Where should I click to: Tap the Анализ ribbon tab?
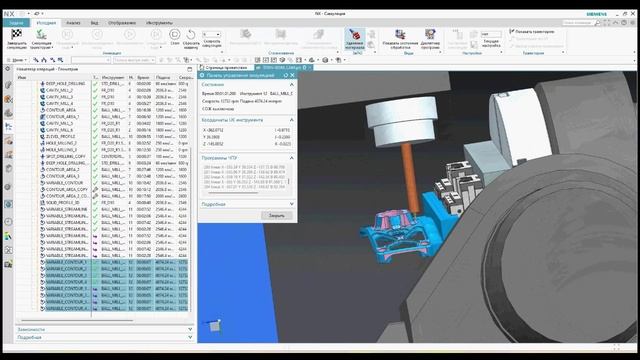click(x=73, y=21)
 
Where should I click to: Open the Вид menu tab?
click(x=95, y=21)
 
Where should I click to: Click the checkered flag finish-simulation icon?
click(x=15, y=36)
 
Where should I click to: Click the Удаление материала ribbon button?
click(x=355, y=39)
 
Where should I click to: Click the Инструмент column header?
click(x=112, y=77)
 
